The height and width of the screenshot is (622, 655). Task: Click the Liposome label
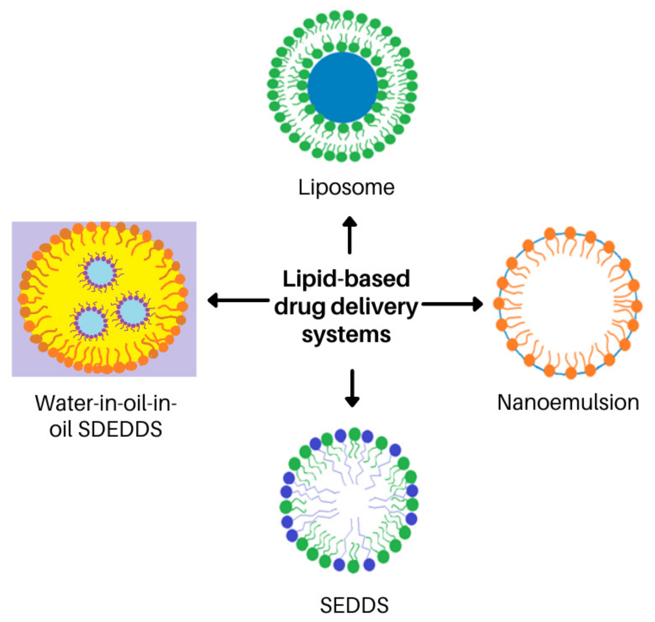coord(346,188)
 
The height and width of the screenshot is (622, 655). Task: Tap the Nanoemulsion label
coord(568,403)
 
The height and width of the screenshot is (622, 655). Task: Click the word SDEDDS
coord(120,429)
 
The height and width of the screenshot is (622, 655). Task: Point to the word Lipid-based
coord(346,279)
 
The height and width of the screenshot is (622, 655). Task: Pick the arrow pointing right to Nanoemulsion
coord(452,304)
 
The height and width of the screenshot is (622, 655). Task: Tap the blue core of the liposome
coord(342,87)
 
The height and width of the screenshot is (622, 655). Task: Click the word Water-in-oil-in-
coord(106,404)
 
